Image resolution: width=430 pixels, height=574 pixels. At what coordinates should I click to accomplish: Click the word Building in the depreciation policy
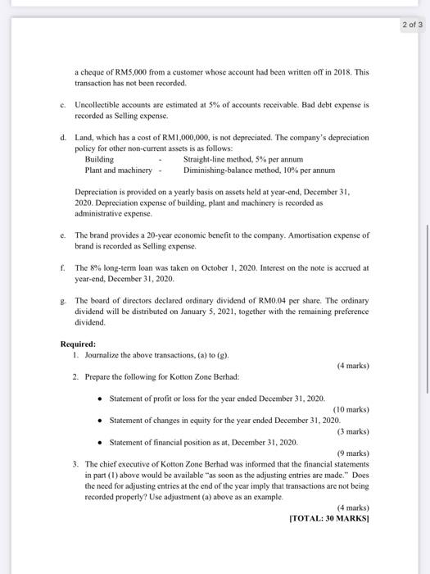[x=99, y=159]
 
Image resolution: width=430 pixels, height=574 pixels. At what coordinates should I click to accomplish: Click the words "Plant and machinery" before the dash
[x=118, y=170]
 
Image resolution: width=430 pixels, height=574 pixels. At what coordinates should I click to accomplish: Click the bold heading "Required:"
[x=79, y=344]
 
